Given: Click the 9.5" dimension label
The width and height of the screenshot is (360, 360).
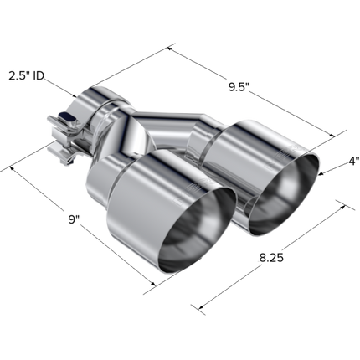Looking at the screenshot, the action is coord(239,87).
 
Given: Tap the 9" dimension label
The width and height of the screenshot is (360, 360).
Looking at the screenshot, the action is coord(75,219).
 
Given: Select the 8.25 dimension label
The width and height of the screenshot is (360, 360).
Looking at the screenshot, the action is coord(271,258).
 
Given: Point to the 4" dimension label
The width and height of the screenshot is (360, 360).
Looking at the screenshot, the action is coord(354,161).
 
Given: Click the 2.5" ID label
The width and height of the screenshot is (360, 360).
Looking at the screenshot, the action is coord(27,75).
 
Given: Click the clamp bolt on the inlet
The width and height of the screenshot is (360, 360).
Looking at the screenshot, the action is coord(66,116).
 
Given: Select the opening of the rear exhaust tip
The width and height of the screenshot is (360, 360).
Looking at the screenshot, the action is coord(283,193).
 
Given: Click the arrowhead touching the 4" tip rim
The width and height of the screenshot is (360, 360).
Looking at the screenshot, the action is coord(321,174).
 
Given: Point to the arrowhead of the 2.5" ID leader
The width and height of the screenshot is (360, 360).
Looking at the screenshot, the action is coord(75,95).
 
